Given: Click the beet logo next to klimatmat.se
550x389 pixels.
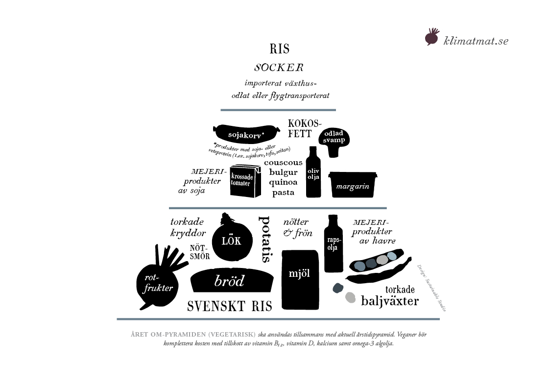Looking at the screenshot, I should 431,37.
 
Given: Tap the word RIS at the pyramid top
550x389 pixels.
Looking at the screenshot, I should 280,49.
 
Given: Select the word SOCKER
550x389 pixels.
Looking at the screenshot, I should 279,67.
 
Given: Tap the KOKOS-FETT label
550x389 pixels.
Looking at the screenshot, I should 301,129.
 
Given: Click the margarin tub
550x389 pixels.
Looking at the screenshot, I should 353,185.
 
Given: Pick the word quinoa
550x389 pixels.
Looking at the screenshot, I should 283,182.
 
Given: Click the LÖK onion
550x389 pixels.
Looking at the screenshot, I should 231,240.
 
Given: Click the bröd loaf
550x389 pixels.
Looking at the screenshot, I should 232,281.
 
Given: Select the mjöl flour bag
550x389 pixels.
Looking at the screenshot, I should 300,279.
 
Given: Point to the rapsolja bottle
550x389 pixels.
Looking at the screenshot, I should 334,243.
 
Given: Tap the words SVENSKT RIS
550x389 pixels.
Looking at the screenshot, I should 230,306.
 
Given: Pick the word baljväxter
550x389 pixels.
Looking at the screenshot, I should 390,300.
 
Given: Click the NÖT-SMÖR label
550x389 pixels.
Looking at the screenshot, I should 199,252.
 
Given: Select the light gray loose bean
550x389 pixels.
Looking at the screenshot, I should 350,297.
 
